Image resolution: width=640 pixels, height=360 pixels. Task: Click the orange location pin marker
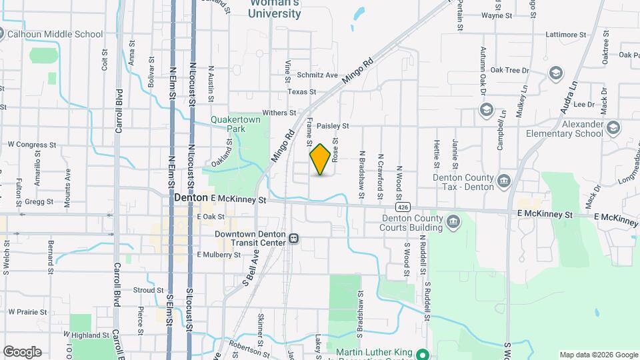[320, 159]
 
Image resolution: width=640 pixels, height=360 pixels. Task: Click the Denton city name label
[191, 198]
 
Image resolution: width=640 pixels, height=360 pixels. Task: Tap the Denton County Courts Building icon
[453, 221]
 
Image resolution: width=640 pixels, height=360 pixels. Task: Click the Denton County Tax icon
[505, 180]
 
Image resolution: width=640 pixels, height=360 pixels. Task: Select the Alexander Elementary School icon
[613, 127]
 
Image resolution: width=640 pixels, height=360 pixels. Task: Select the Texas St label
[301, 92]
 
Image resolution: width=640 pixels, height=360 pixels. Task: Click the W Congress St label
[32, 144]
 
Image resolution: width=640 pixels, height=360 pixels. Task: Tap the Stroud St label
[148, 290]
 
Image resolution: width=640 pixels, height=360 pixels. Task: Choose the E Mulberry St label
[217, 255]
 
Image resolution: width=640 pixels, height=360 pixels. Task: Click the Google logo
[22, 351]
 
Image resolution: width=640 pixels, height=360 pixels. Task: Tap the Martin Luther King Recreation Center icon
[422, 353]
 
